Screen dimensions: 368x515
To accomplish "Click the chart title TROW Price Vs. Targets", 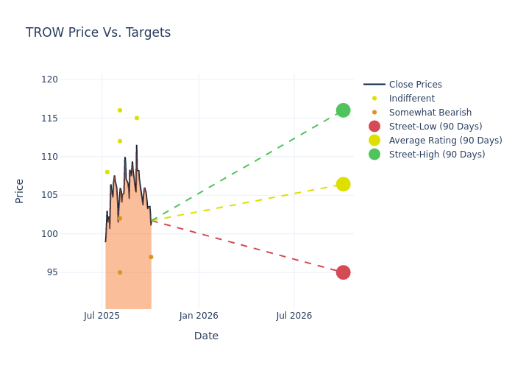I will coord(98,33).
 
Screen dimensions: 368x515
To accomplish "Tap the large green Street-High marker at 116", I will coord(343,110).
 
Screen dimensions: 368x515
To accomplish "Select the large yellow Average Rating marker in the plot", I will coord(343,184).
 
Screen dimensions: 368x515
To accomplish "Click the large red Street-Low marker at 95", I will coord(343,272).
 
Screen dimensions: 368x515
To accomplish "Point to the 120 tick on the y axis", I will coord(49,79).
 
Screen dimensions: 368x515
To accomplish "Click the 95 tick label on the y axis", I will coord(51,272).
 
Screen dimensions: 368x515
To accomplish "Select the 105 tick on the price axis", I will coord(49,195).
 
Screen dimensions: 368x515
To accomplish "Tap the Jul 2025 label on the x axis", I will coord(102,316).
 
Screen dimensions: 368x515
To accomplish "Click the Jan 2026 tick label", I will coord(198,316).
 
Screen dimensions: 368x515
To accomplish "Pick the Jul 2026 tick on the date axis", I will coord(294,316).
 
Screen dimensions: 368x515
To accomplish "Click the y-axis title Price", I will coord(20,191).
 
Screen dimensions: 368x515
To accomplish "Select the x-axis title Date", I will coord(206,336).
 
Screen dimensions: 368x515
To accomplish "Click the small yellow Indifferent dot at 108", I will coord(107,172).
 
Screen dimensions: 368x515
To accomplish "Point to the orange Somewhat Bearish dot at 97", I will coord(151,257).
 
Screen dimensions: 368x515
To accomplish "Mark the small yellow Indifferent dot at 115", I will coord(136,118).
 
